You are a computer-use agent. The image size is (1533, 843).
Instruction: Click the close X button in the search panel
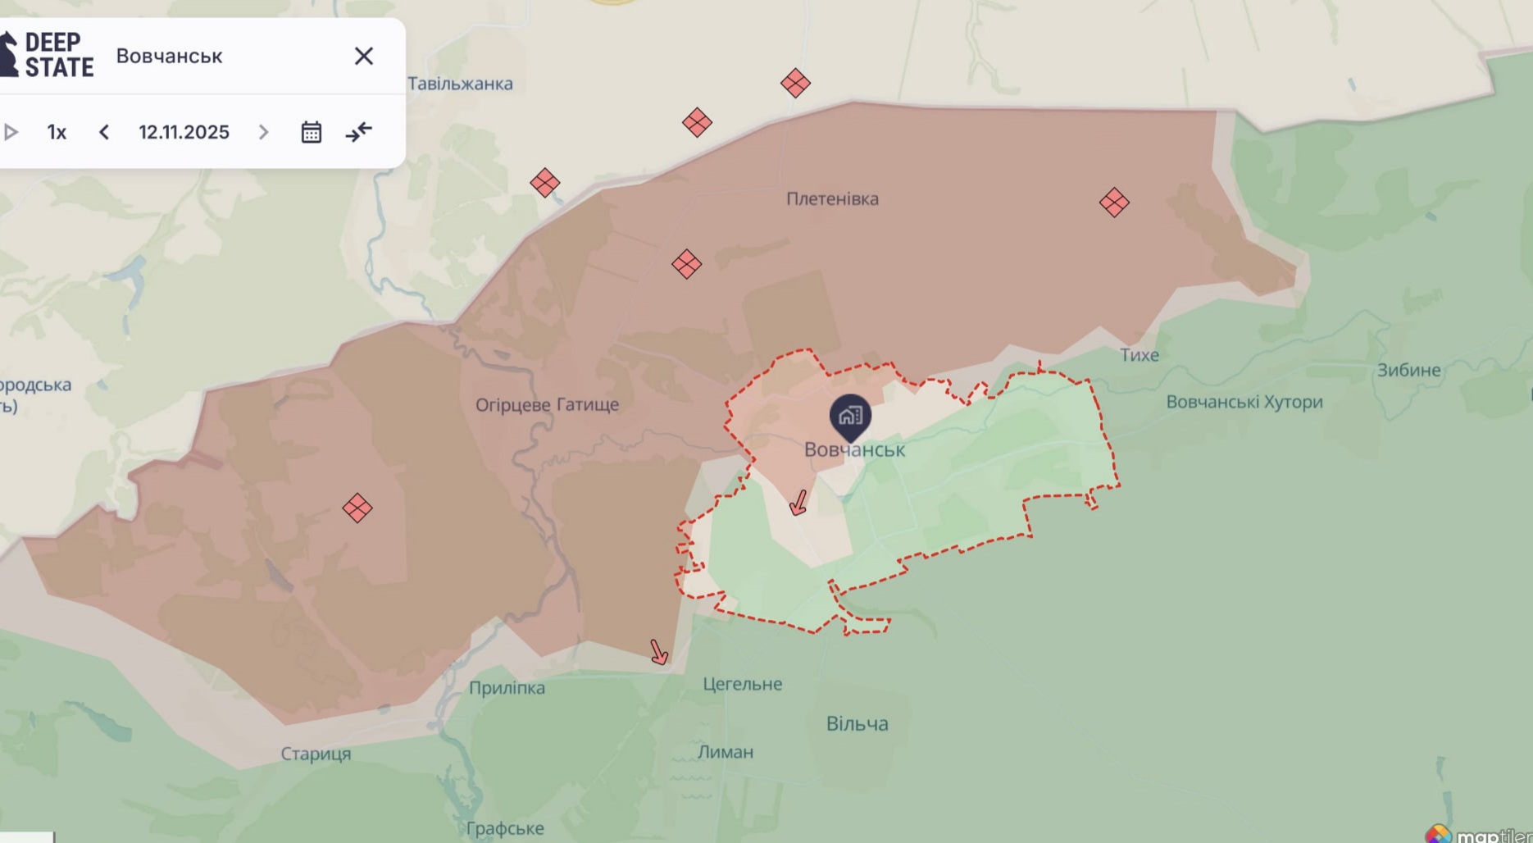363,56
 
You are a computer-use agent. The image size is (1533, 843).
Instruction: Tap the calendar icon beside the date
311,132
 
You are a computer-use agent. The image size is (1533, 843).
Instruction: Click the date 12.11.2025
184,132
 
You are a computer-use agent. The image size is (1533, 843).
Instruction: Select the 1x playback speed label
57,132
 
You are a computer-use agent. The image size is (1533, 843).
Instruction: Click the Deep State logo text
58,55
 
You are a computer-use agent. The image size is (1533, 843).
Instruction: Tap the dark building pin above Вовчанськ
850,415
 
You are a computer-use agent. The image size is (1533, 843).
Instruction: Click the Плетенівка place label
832,198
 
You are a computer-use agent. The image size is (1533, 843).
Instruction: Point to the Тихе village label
1139,355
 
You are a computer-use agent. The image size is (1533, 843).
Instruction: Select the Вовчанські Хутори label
1244,402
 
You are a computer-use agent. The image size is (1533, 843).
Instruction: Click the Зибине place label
1408,370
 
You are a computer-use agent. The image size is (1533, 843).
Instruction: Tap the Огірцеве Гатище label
547,404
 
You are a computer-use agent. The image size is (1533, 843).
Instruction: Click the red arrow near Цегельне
658,652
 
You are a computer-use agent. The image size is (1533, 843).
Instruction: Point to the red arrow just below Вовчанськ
798,503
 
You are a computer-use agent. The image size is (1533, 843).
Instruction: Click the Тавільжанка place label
460,84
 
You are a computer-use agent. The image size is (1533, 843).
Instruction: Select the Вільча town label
857,723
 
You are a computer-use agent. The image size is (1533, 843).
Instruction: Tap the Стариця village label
316,754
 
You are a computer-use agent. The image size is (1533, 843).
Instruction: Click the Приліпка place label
507,688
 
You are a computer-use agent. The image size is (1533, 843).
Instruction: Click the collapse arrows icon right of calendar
358,132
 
